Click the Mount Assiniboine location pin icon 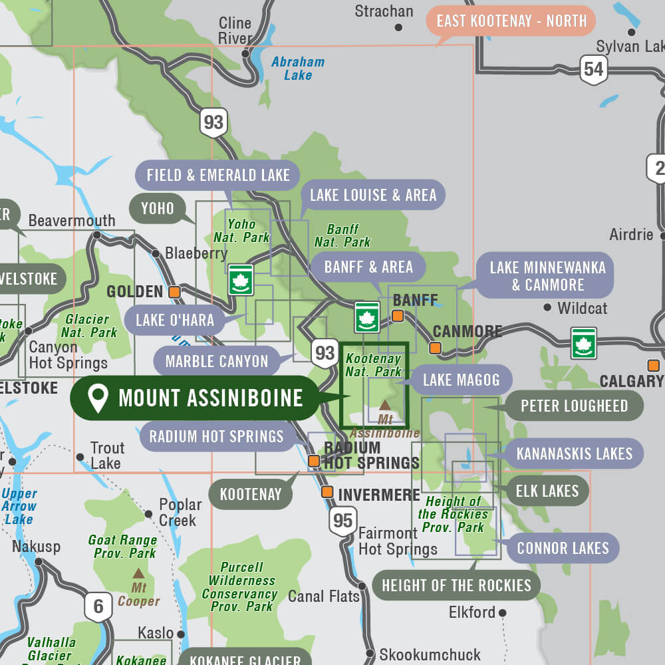coord(98,398)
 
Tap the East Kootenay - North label coord(511,21)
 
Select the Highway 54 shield coord(593,70)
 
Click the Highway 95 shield coord(342,520)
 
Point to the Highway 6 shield coord(98,606)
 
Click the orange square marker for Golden coord(174,291)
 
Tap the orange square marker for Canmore coord(436,347)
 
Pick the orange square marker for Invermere coord(327,492)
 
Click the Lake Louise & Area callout coord(372,195)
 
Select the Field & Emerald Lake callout coord(218,176)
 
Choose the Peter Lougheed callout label coord(574,406)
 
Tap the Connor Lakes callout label coord(563,549)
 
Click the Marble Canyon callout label coord(217,362)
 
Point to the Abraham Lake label coord(298,68)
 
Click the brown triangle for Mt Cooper coord(138,573)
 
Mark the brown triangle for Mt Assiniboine coord(385,404)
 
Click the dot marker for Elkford coord(503,612)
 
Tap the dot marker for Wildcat coord(547,307)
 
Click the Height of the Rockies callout coord(456,586)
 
